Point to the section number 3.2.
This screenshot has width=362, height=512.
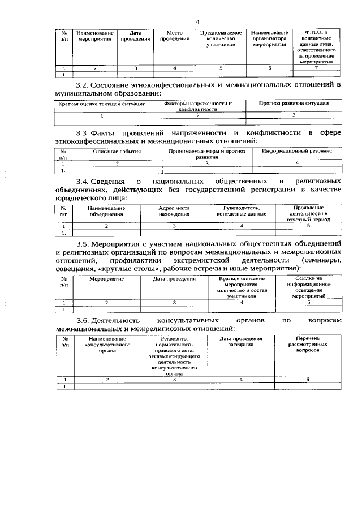(83, 85)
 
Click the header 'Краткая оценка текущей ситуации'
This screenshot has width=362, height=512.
(102, 104)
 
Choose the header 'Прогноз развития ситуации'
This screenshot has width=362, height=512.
(294, 104)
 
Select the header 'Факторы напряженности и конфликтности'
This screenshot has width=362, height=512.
(198, 106)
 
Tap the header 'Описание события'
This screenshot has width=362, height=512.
(117, 152)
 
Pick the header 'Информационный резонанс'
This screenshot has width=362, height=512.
(297, 152)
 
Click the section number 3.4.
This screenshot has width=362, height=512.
(83, 181)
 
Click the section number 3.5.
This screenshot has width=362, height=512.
(83, 243)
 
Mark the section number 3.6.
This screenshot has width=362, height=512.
(83, 320)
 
